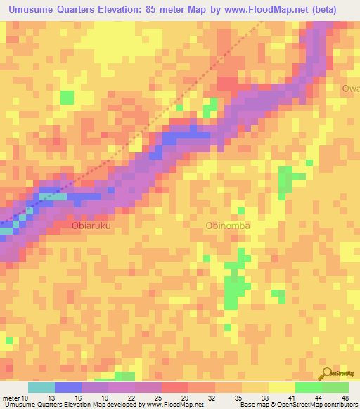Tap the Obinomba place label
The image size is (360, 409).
click(228, 226)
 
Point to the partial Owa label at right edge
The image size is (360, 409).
click(350, 89)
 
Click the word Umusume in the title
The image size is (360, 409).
click(37, 9)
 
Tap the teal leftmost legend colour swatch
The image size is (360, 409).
click(41, 387)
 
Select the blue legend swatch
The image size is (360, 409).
click(67, 387)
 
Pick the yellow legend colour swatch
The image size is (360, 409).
click(281, 387)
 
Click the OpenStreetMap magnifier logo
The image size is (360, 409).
click(326, 372)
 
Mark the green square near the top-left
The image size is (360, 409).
click(67, 97)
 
